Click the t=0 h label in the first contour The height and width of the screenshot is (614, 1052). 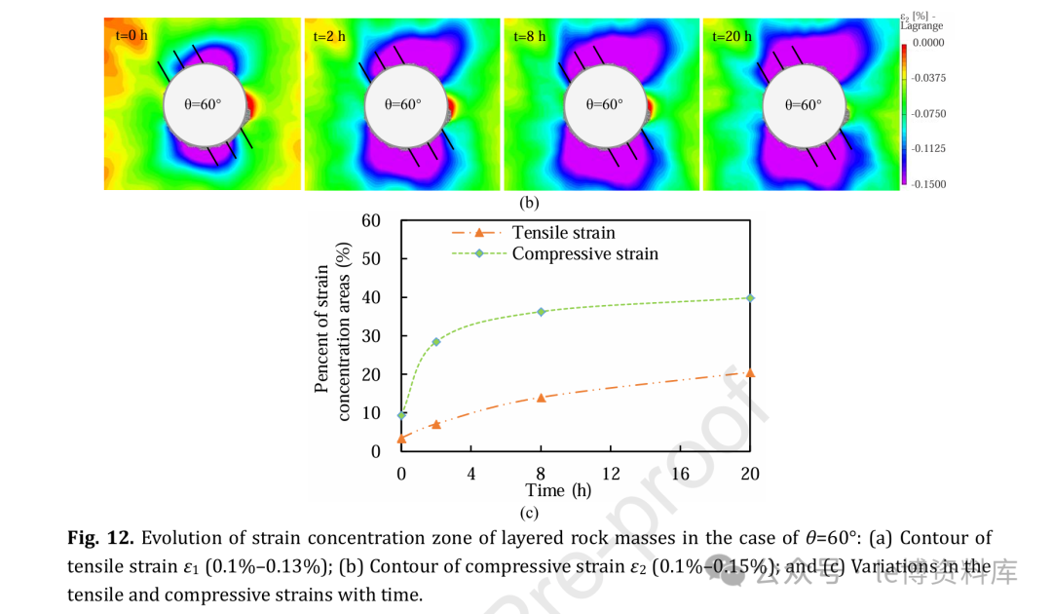[x=130, y=36]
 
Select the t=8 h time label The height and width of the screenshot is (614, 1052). [x=530, y=36]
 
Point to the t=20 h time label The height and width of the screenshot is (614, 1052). [x=732, y=36]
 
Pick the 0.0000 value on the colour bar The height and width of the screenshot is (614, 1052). [x=930, y=43]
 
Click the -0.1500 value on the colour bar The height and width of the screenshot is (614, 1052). [x=930, y=184]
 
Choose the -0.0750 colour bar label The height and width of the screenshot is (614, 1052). [x=930, y=114]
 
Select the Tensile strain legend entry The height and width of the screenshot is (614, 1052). [x=563, y=233]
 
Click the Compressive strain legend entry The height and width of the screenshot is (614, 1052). [x=584, y=253]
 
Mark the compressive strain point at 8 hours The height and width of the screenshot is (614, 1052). [x=542, y=312]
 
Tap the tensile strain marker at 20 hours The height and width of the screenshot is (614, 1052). [x=749, y=372]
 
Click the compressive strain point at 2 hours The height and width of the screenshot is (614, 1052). [x=436, y=341]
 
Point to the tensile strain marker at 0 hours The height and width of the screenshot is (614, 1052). [x=401, y=439]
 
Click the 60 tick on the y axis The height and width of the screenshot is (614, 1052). [x=370, y=220]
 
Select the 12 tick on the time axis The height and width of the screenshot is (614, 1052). [x=611, y=474]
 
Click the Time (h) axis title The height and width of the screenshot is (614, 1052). [x=558, y=490]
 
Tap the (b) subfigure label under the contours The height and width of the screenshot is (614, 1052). [x=529, y=203]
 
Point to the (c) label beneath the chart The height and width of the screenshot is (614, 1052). [x=529, y=513]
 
